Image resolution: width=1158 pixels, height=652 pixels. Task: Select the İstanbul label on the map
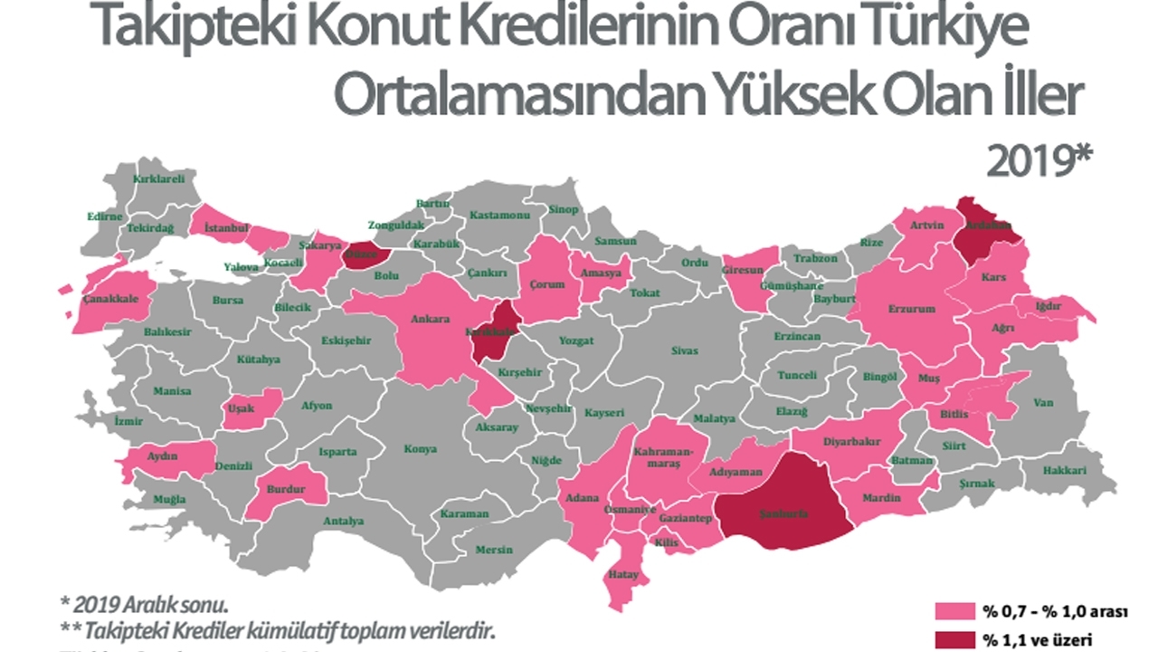[226, 226]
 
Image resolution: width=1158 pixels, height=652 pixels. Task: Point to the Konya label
[420, 449]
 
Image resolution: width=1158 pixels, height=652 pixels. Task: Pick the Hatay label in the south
[624, 575]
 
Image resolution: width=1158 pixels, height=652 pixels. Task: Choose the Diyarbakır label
[851, 443]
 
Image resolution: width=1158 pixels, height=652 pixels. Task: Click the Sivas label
[684, 350]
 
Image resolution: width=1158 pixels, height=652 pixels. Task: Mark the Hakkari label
[1065, 471]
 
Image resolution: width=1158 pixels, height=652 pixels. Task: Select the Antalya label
[343, 521]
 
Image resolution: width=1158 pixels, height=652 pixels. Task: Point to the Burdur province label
[284, 489]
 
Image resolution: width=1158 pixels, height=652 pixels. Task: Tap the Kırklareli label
[158, 179]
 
